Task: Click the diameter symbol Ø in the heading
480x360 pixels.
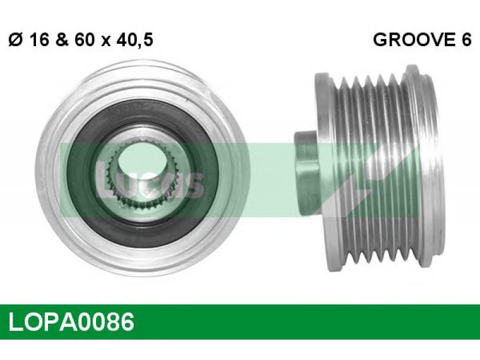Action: click(x=17, y=40)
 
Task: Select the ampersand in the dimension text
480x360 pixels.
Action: click(x=62, y=40)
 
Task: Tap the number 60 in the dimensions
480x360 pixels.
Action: click(x=84, y=40)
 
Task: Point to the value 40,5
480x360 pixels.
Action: click(x=134, y=40)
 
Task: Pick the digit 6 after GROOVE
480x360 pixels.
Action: click(x=466, y=40)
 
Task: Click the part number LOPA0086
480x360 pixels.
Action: click(x=71, y=322)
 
